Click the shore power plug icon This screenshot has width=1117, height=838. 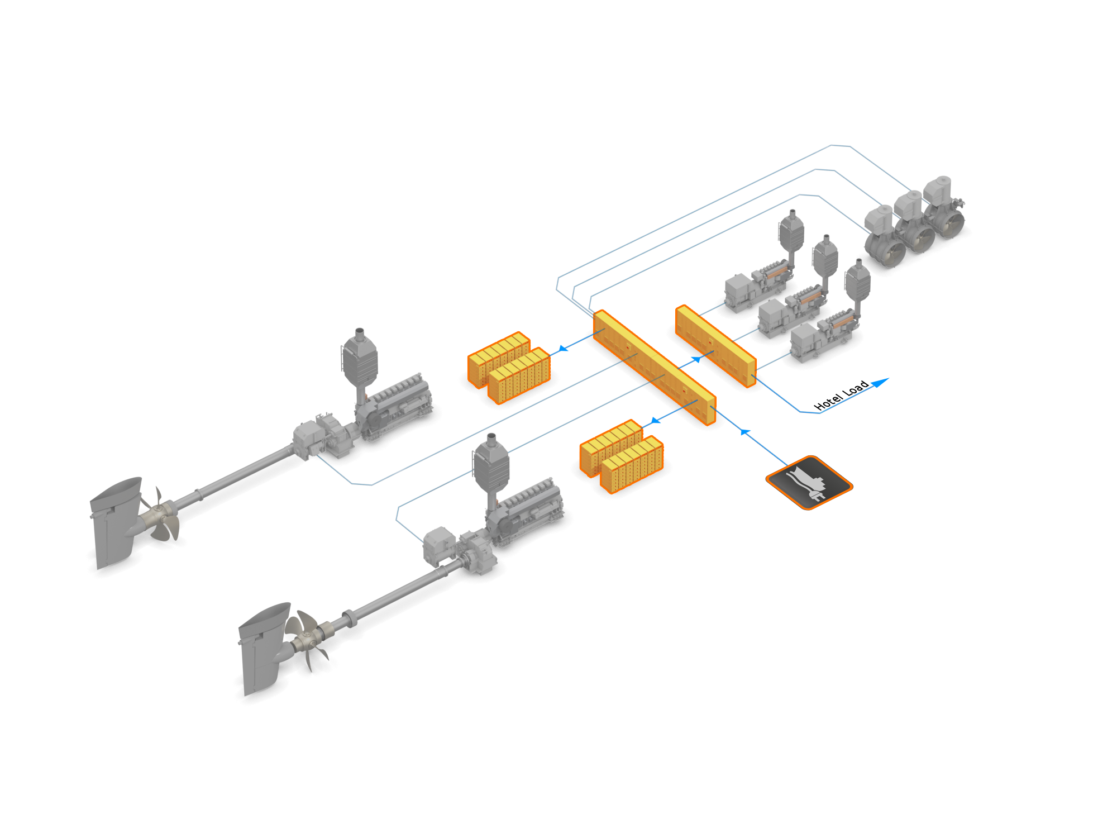(x=809, y=483)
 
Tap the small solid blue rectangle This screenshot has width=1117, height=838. (x=880, y=383)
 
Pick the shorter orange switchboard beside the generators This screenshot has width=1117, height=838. (x=715, y=346)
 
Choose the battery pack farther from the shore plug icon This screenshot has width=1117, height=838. (x=509, y=367)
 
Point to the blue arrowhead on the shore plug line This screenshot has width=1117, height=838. (x=745, y=431)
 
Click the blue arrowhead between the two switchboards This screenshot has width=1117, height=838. (x=696, y=359)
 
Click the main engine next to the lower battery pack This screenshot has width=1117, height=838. (x=525, y=508)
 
